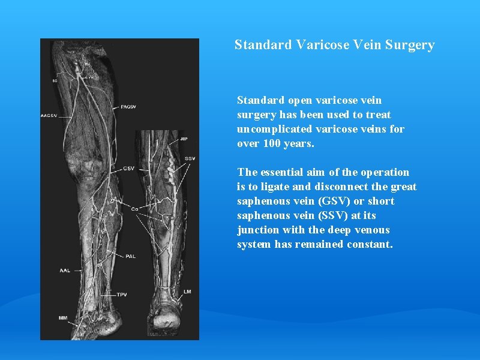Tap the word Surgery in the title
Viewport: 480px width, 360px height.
(x=410, y=45)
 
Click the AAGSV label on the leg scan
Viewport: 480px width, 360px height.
(x=48, y=115)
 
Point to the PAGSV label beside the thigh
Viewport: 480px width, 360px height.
(x=129, y=107)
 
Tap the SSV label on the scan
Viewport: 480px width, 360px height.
(x=190, y=158)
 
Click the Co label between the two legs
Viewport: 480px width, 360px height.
(x=135, y=209)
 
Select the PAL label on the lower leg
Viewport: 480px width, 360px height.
(x=131, y=256)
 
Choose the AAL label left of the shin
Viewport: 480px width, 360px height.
(x=64, y=271)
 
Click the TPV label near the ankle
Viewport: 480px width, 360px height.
(x=122, y=295)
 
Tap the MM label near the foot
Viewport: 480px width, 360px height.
(x=62, y=317)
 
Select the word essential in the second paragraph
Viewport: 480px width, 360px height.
(x=281, y=172)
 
